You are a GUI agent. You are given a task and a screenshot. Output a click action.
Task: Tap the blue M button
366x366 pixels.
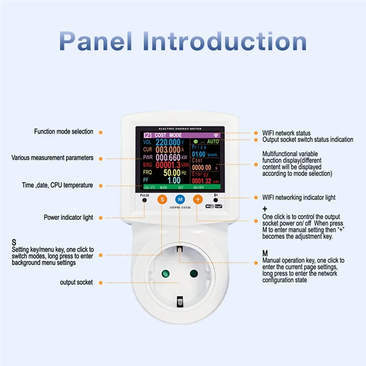pos(180,199)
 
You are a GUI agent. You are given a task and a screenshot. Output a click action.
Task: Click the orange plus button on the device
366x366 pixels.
pos(198,199)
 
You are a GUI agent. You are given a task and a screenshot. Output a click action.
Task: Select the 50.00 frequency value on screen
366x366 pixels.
pos(172,173)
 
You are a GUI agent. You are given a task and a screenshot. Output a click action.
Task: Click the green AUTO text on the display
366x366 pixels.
pos(213,142)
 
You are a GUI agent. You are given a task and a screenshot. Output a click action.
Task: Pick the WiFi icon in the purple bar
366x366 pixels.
pos(215,135)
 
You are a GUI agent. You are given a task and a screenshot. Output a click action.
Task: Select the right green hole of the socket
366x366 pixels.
pos(194,274)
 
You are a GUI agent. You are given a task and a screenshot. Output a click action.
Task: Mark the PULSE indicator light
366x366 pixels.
pos(145,201)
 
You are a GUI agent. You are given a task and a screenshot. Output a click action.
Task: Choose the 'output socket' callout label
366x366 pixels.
pos(76,282)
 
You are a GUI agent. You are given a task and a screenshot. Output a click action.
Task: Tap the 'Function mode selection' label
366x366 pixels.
pos(64,132)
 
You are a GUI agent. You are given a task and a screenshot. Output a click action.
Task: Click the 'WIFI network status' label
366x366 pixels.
pos(286,133)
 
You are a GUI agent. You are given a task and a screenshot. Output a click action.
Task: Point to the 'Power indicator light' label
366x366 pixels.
pos(69,217)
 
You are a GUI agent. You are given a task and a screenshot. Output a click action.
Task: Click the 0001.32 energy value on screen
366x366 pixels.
pos(202,181)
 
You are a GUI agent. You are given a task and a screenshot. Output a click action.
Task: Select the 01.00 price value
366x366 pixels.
pos(199,154)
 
